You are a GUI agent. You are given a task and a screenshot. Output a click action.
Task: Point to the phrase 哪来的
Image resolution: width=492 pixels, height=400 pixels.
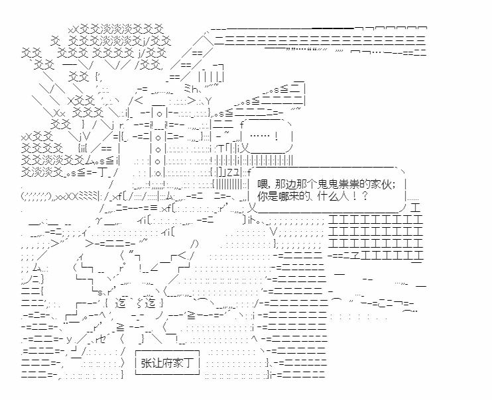click(x=291, y=197)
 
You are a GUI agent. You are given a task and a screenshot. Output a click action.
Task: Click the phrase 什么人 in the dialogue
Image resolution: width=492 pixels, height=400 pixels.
click(x=336, y=197)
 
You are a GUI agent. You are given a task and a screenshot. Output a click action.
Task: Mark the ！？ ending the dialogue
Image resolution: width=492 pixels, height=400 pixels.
click(x=362, y=197)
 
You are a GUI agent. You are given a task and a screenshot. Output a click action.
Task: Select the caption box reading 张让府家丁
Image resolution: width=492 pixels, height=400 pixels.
click(x=165, y=363)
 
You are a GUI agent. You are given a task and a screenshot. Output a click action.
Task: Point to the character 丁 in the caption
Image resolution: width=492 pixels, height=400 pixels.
click(x=185, y=363)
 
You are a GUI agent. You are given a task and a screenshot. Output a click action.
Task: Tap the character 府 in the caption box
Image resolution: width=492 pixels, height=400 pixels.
click(x=165, y=363)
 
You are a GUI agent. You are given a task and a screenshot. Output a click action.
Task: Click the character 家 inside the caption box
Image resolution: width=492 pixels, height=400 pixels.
click(x=175, y=363)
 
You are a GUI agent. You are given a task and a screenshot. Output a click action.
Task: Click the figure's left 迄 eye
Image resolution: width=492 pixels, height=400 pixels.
click(x=120, y=304)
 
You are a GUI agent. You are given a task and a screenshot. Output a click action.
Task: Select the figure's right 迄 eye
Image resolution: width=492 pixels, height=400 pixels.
click(x=150, y=304)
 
